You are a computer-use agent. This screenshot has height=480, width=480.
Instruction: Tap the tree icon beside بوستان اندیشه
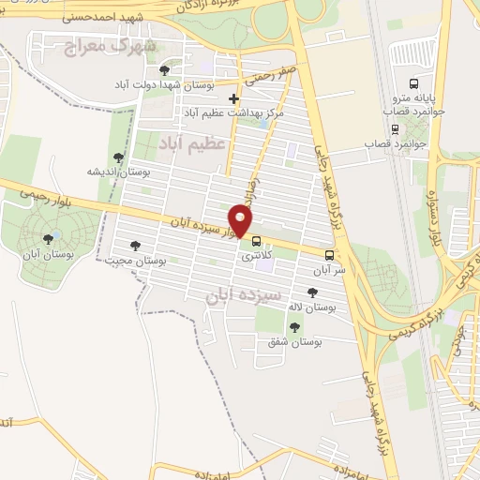[x=118, y=157]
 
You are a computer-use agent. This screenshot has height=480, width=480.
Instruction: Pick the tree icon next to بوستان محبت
[x=135, y=246]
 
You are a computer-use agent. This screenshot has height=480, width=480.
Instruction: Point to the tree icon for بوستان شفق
[x=295, y=327]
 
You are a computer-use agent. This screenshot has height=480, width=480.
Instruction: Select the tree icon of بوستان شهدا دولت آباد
[x=165, y=70]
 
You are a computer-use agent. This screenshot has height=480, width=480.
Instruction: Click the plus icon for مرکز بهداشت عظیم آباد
[x=233, y=98]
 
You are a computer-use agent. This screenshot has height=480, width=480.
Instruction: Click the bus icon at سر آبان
[x=329, y=255]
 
